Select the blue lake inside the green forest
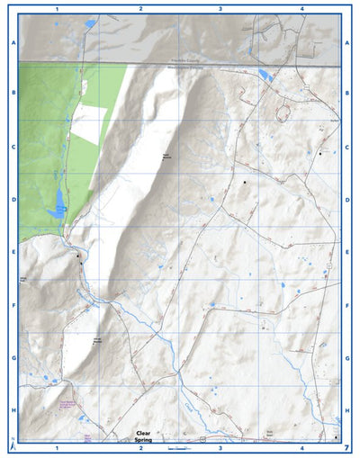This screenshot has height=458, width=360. (58, 200)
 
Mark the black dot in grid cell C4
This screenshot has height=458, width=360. (319, 153)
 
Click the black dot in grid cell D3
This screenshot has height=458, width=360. (243, 183)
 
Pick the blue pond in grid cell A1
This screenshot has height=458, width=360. (90, 24)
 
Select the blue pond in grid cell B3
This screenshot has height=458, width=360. (263, 74)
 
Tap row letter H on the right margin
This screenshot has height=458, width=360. (347, 410)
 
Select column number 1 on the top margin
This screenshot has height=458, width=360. (57, 7)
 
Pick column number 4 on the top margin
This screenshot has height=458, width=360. (302, 7)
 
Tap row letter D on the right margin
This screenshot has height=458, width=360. (347, 199)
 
